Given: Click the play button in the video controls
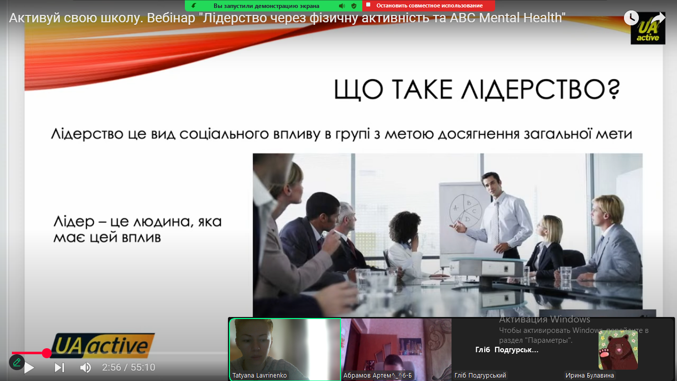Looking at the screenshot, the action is pos(29,368).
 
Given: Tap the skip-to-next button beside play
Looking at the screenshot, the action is pos(59,368).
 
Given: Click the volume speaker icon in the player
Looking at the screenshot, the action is pos(86,368).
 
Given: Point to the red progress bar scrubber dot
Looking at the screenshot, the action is pos(47,353).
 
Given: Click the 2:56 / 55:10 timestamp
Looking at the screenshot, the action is pos(128,368).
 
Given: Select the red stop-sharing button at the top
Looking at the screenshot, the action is pos(429,5).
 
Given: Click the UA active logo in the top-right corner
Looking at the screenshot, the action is pos(648,30).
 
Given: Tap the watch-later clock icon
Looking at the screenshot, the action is pos(631,18).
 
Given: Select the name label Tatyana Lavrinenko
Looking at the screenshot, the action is pos(259,375).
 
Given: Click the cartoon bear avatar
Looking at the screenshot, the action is pos(618,350).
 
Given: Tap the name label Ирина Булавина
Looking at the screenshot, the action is pos(589,375).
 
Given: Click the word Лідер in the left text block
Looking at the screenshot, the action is pos(74,222).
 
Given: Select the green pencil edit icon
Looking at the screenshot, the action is pos(17,362).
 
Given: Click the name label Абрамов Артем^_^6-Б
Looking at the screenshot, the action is pos(377,375).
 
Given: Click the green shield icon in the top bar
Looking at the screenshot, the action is pos(354,6).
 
